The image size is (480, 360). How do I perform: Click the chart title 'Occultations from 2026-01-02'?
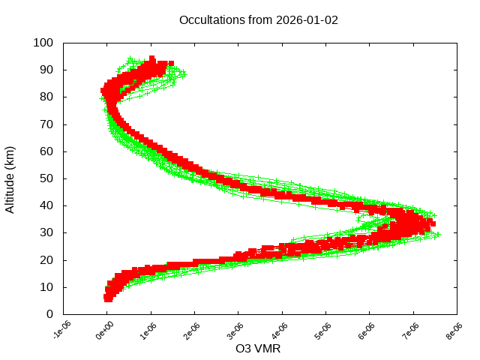259,19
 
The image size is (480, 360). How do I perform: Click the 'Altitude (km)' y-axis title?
10,178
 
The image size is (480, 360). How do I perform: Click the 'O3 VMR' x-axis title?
259,349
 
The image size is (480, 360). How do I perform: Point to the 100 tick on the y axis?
43,43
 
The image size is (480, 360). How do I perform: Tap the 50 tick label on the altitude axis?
46,178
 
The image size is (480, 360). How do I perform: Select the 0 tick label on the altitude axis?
49,314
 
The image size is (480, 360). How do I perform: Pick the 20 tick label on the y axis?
46,260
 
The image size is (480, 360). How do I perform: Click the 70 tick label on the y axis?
46,124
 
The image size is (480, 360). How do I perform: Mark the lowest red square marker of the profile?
109,298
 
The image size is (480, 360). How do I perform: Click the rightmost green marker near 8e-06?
438,235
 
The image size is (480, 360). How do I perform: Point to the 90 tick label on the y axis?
46,70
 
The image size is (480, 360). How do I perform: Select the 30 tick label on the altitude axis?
46,232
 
